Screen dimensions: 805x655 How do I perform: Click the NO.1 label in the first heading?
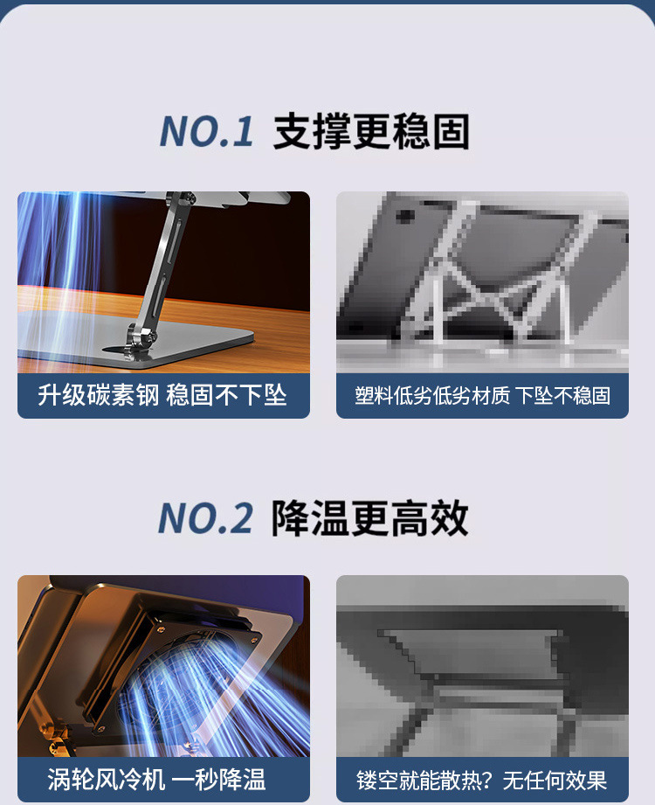pyautogui.click(x=206, y=132)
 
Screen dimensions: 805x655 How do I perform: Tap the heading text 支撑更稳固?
pyautogui.click(x=371, y=132)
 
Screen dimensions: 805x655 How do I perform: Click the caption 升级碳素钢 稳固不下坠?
pyautogui.click(x=162, y=395)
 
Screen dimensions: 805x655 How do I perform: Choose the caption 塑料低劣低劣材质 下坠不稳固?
pyautogui.click(x=482, y=395)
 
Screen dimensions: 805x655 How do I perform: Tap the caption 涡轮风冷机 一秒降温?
pyautogui.click(x=157, y=779)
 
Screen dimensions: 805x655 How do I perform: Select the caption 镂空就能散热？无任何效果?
pyautogui.click(x=482, y=780)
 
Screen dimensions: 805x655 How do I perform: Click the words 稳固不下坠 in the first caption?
pyautogui.click(x=226, y=395)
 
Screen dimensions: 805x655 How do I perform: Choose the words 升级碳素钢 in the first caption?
pyautogui.click(x=99, y=395)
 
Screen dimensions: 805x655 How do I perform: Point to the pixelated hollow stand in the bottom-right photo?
pyautogui.click(x=472, y=682)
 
